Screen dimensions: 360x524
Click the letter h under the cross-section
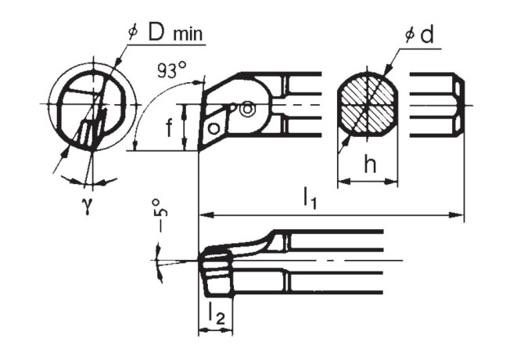pyautogui.click(x=371, y=166)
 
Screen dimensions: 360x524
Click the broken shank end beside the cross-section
pyautogui.click(x=439, y=104)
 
